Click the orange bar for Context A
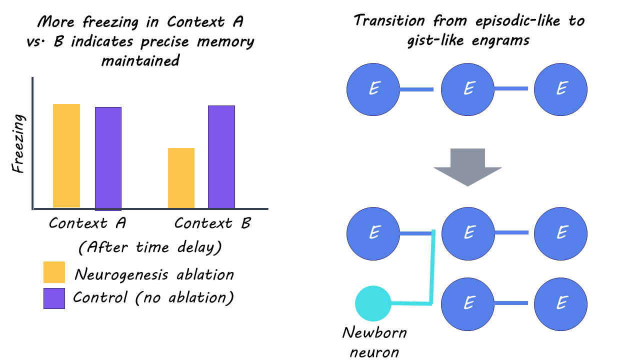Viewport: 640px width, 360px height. point(66,155)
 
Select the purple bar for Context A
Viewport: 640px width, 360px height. point(108,159)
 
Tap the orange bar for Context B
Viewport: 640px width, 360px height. point(181,178)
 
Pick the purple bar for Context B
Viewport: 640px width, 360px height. point(221,157)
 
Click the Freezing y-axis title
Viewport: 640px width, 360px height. point(18,143)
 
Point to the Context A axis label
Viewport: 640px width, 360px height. point(87,223)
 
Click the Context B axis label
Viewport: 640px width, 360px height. point(212,223)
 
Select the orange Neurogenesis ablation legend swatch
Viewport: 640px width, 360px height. point(54,272)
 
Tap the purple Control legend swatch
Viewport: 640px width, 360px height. point(54,298)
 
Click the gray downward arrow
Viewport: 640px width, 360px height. point(467,167)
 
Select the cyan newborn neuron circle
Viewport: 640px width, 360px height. point(373,303)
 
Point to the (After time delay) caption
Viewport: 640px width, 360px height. point(150,247)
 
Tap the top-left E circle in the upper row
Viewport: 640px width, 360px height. point(373,89)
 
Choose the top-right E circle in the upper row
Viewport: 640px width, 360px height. point(560,89)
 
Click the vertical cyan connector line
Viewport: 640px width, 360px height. point(432,267)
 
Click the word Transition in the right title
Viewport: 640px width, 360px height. point(389,20)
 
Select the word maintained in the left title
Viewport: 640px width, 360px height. point(140,60)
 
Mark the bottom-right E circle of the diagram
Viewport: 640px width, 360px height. point(560,304)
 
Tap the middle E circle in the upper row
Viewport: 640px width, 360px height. point(467,89)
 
